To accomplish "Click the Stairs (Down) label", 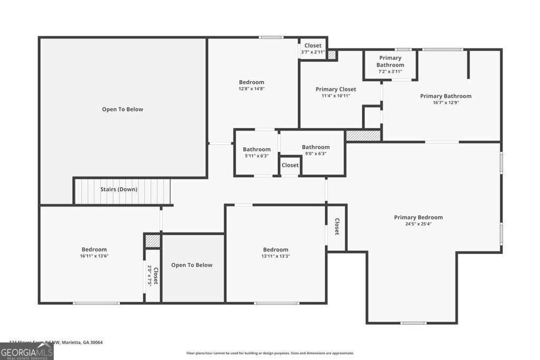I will click(x=119, y=189).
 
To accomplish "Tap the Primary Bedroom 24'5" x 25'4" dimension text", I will click(x=418, y=224).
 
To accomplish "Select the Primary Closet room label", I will click(x=335, y=90).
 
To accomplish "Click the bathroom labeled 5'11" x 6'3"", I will click(x=256, y=153).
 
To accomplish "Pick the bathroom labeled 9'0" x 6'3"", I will click(x=315, y=150).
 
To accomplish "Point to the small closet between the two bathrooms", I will click(x=290, y=166).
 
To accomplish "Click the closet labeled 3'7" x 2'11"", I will click(x=313, y=48).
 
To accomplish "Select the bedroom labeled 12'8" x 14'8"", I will click(x=252, y=85).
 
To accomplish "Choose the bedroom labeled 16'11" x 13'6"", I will click(x=94, y=252).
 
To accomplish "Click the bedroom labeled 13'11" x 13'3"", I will click(x=276, y=252).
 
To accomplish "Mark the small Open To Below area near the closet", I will click(x=192, y=265).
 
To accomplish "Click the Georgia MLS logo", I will click(x=26, y=351).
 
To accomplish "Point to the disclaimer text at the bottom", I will click(x=270, y=353).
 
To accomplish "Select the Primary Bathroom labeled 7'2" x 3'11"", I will click(x=390, y=64).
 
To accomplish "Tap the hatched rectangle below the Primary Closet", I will click(x=363, y=135).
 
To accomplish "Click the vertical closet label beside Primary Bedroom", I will click(x=336, y=227).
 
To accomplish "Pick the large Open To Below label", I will click(x=122, y=110).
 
